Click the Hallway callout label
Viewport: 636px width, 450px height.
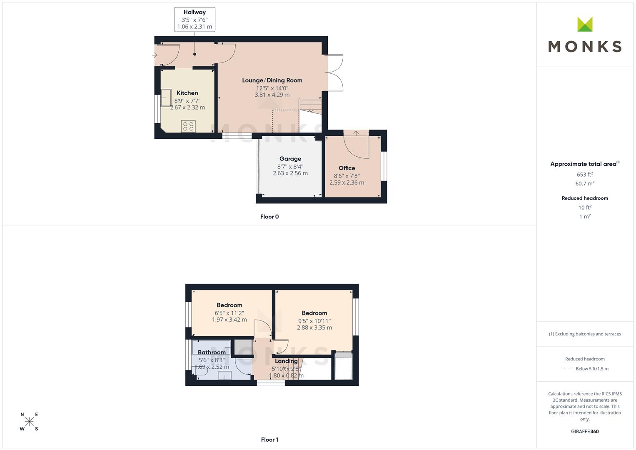pos(195,19)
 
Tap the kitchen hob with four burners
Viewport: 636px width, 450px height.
pos(188,126)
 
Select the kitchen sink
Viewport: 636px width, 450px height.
pos(166,98)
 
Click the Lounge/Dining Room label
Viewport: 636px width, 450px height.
pos(272,80)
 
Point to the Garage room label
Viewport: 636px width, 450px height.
pos(290,159)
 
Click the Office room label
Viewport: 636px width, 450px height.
pos(347,168)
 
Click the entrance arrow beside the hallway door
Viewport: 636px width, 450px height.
pos(155,55)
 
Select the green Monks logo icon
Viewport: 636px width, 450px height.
pos(585,24)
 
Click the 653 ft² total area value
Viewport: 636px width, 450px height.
pos(585,175)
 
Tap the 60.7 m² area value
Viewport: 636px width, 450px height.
pos(585,183)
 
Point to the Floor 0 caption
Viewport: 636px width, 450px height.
pos(269,217)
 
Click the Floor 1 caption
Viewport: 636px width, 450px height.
pos(269,440)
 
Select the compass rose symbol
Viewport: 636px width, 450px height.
pos(29,421)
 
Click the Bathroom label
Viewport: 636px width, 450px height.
pos(212,352)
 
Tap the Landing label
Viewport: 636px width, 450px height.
pos(286,361)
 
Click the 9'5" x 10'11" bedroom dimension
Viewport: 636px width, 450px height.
pos(314,321)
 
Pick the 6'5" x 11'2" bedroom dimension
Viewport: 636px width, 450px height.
pos(229,313)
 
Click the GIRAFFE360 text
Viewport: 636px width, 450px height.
pos(585,432)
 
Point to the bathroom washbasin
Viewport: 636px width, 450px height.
pos(224,375)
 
